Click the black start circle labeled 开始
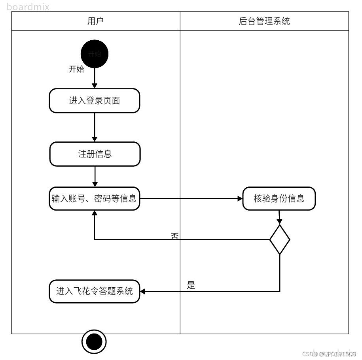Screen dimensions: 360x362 [x=94, y=54]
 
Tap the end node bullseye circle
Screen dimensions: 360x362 [x=94, y=342]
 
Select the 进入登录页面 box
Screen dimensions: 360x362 [x=95, y=101]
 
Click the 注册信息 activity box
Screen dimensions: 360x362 [x=95, y=154]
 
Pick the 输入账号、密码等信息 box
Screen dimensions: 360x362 [x=94, y=198]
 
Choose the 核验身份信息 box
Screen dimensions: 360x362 [x=279, y=198]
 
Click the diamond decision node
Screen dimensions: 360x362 [x=280, y=240]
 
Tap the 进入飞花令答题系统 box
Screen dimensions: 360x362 [x=95, y=292]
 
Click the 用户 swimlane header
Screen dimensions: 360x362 [x=95, y=21]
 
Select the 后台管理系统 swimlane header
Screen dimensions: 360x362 [x=264, y=21]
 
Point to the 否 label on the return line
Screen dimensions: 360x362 [x=175, y=236]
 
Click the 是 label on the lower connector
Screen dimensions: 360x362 [x=191, y=285]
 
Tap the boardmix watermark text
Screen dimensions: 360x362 [x=28, y=7]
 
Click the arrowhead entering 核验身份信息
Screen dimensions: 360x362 [x=240, y=198]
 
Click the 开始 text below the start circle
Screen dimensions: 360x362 [x=76, y=70]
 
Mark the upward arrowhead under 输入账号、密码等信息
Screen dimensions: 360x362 [x=94, y=213]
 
